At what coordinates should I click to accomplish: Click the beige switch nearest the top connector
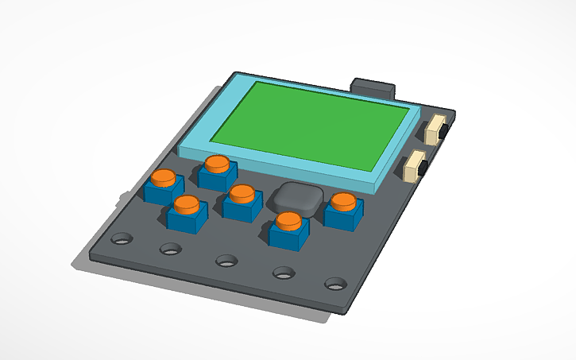click(x=435, y=130)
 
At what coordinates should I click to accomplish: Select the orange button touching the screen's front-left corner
click(x=217, y=163)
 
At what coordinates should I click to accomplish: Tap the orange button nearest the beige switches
click(x=344, y=201)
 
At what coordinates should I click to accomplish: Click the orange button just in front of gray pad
click(x=289, y=220)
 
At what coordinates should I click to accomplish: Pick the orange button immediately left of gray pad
click(x=242, y=193)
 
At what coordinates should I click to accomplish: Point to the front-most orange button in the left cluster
click(x=187, y=205)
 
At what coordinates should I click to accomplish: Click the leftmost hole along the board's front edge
click(x=122, y=238)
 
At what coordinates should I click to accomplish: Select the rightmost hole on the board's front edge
click(x=336, y=283)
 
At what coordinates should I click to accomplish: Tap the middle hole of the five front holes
click(x=226, y=260)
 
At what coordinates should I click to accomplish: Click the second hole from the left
click(x=171, y=249)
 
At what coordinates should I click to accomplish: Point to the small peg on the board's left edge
click(x=120, y=195)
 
